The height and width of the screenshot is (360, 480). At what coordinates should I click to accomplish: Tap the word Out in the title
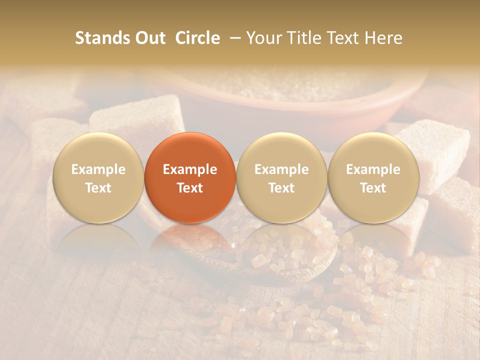click(x=149, y=38)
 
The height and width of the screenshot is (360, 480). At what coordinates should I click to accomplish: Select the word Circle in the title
click(x=197, y=38)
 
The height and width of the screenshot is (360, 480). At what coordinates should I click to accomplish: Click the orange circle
click(x=190, y=177)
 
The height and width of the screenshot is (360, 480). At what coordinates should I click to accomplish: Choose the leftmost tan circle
click(x=98, y=177)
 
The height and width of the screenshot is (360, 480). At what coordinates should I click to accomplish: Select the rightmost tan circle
click(x=373, y=177)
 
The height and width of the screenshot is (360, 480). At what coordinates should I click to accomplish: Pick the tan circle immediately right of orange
click(x=281, y=177)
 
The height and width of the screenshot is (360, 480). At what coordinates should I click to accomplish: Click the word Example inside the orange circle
click(x=190, y=169)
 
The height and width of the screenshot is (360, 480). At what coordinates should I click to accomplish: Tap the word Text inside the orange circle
click(x=190, y=188)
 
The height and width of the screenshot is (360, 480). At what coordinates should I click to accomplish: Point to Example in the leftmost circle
click(x=98, y=169)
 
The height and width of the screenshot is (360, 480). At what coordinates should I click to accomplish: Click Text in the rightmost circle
click(x=373, y=188)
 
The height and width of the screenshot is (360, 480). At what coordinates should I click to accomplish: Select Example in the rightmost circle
click(x=373, y=169)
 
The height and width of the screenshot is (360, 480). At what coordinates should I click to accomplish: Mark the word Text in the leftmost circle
click(x=98, y=188)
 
